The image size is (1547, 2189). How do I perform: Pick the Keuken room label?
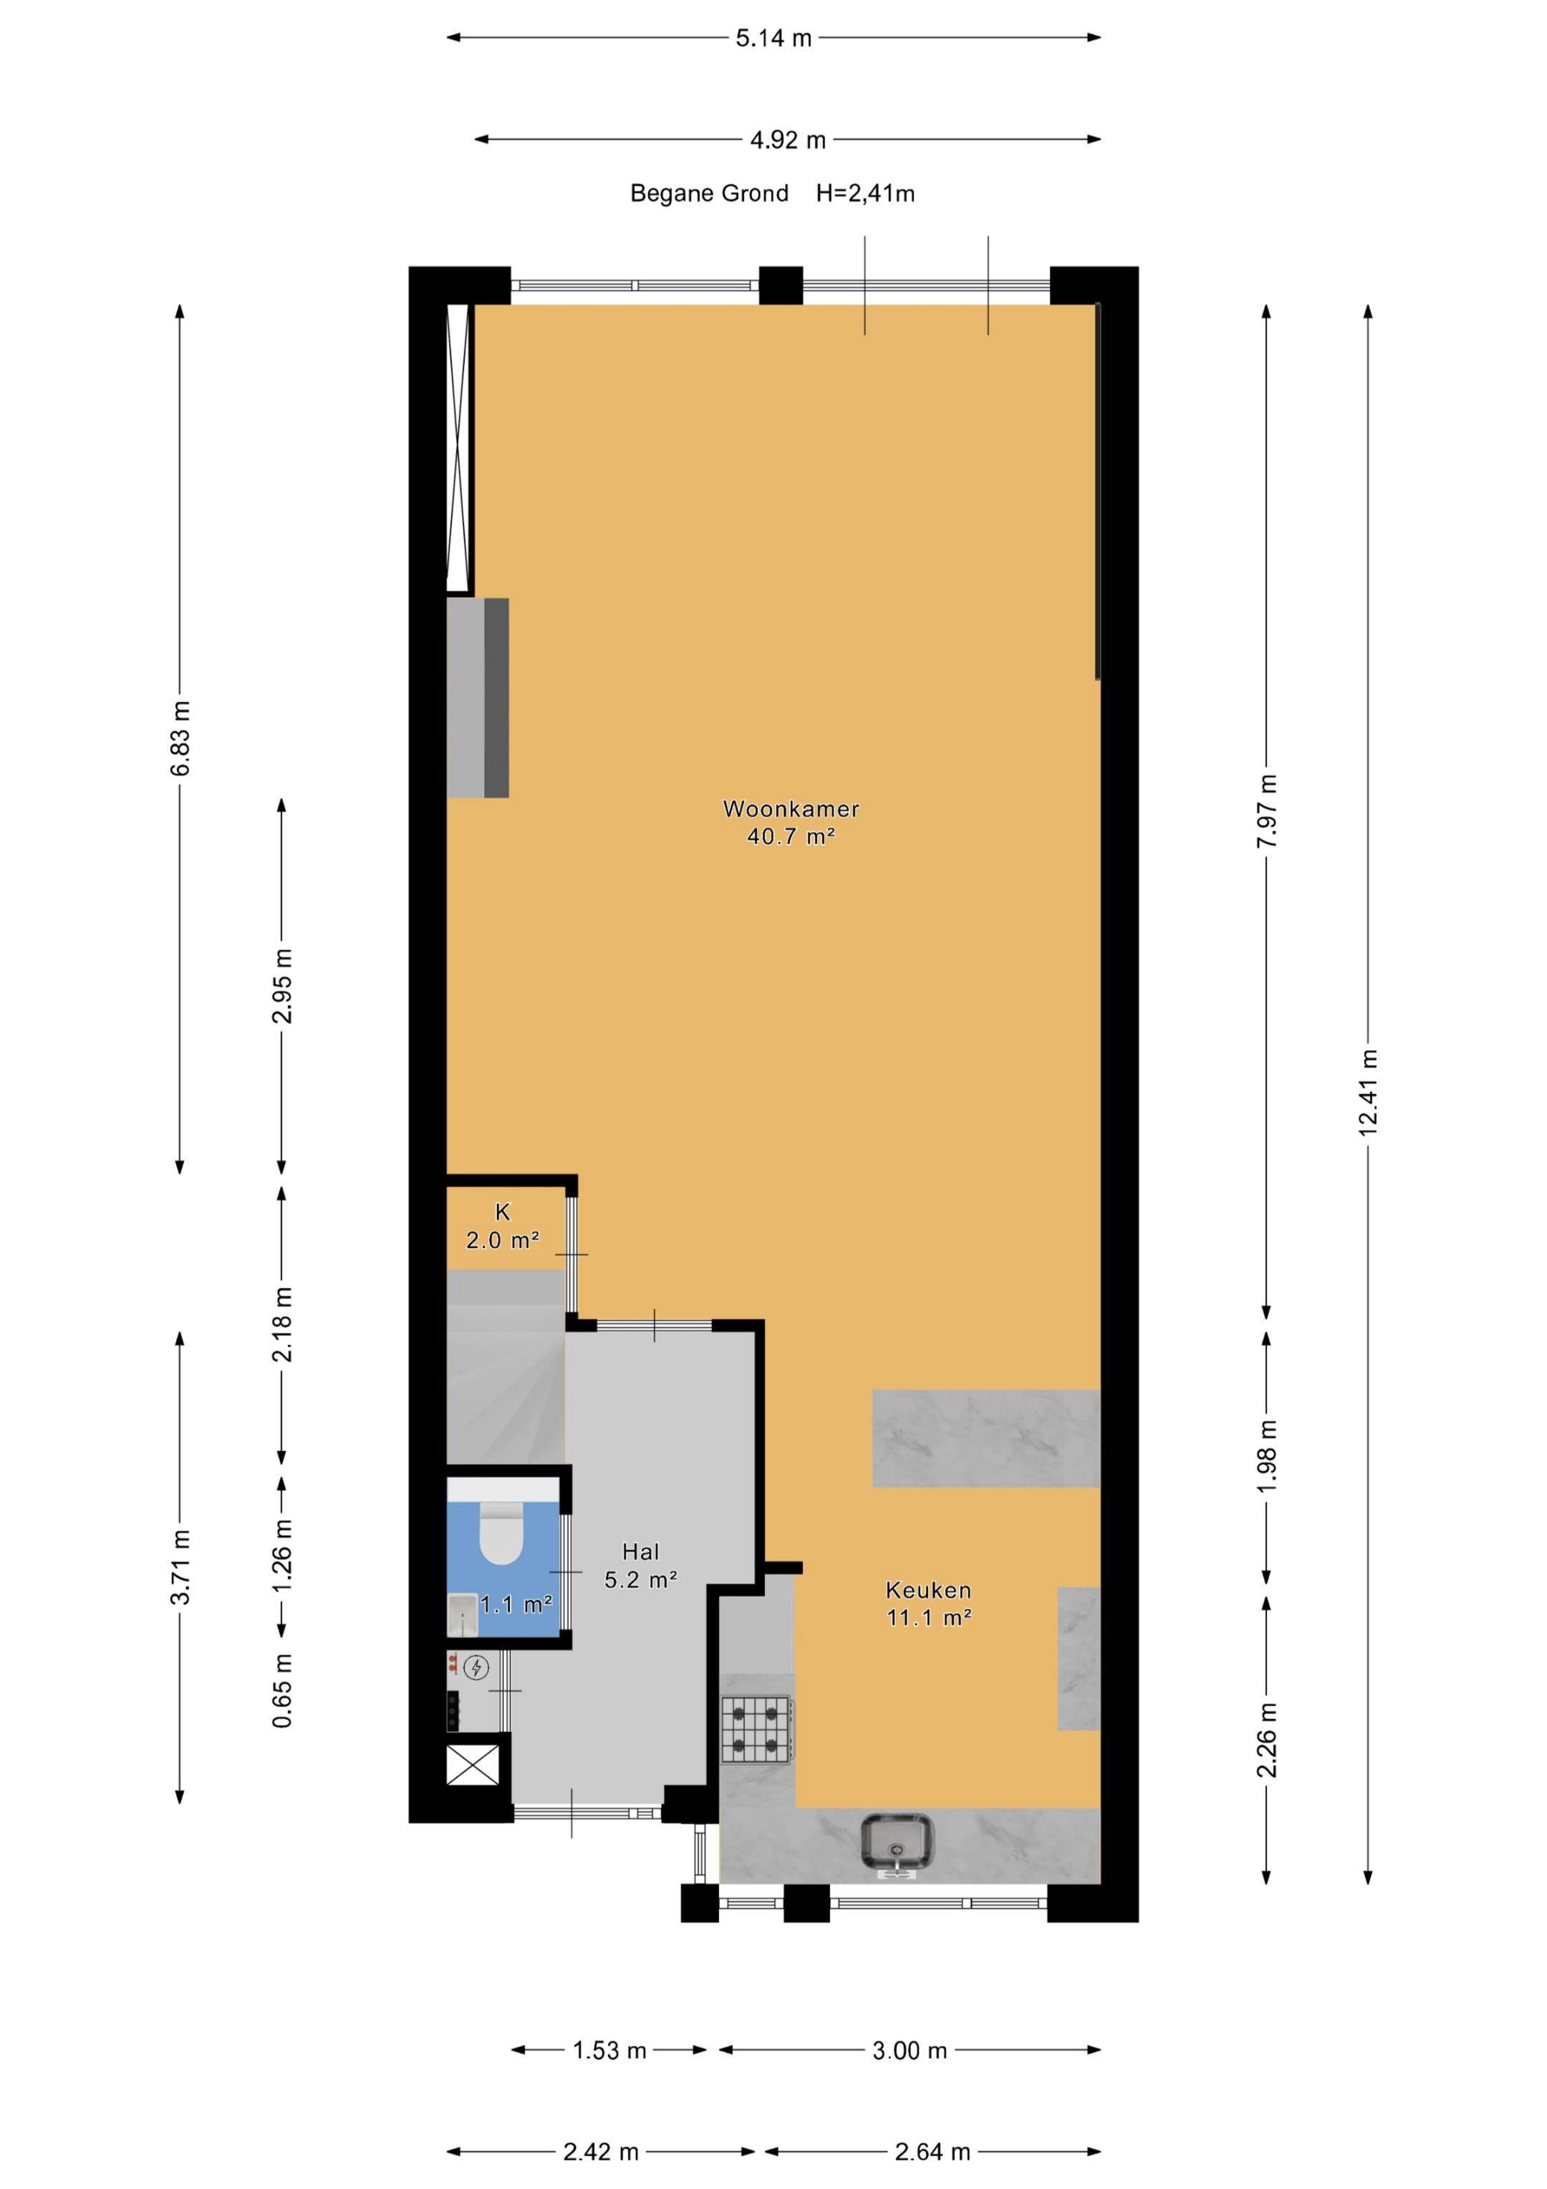[928, 1589]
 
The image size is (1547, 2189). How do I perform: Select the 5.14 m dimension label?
[773, 38]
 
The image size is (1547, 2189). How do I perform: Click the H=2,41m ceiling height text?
[864, 193]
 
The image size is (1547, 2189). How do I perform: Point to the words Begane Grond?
[709, 193]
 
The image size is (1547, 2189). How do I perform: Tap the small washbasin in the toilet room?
[462, 1614]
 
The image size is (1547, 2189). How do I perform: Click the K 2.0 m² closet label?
[502, 1226]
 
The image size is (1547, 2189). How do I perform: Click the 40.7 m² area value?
[791, 837]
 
